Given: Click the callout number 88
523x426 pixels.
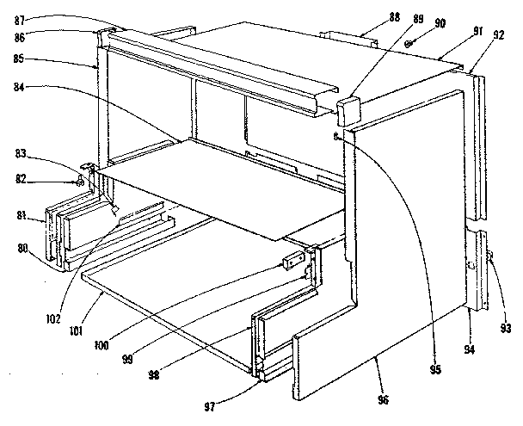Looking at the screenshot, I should pos(369,15).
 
